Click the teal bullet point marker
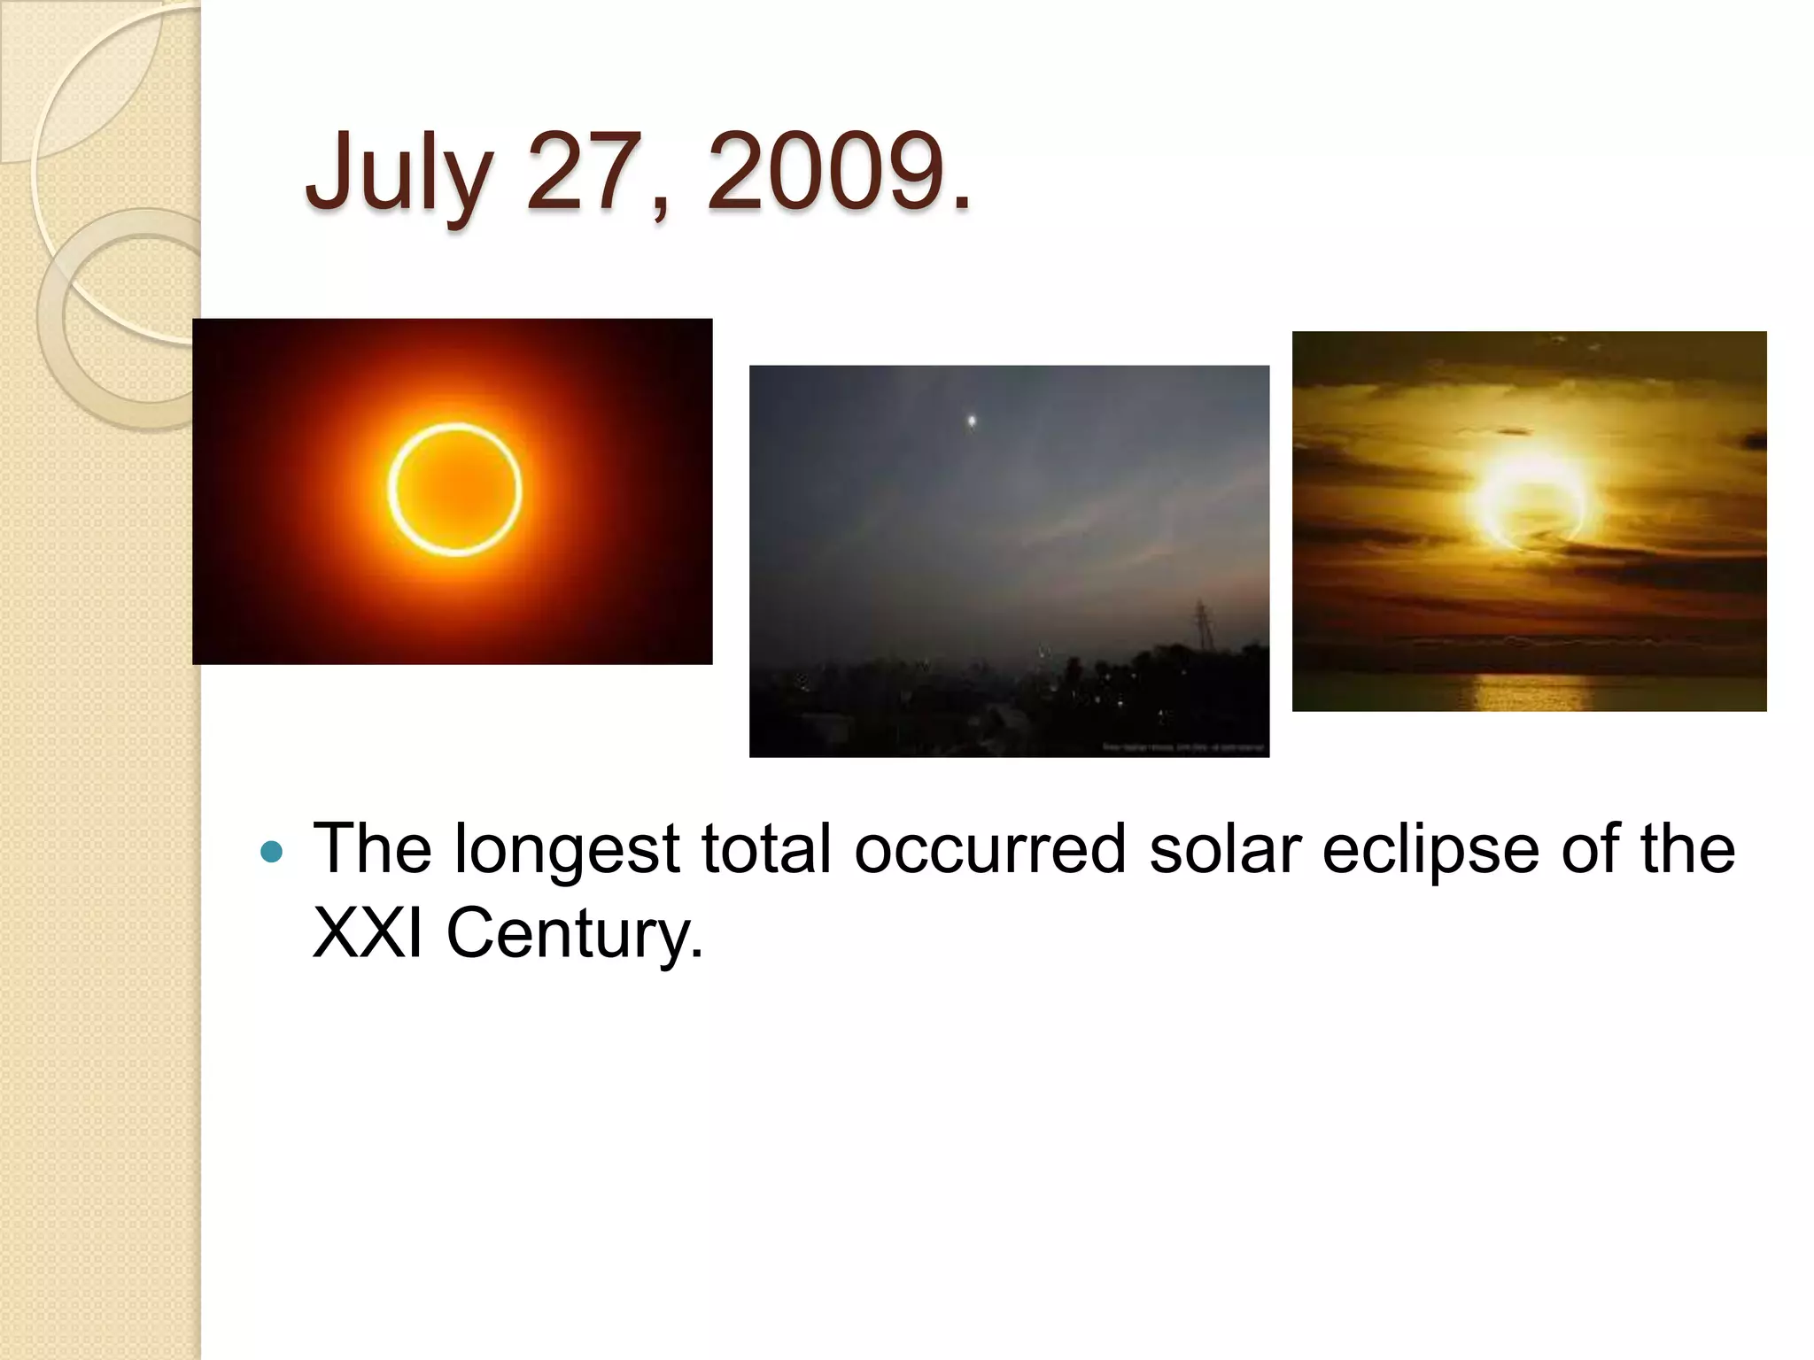[x=273, y=853]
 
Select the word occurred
[x=989, y=848]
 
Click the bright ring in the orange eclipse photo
[x=454, y=428]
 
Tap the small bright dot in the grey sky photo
[x=973, y=421]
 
